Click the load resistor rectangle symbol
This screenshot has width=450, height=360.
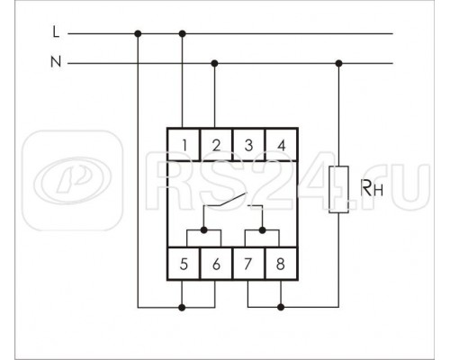click(x=338, y=189)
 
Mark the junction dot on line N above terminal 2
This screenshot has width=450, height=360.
click(x=214, y=64)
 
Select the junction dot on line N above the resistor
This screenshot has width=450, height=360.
click(x=338, y=64)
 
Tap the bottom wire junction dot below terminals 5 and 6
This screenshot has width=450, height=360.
click(x=184, y=307)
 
